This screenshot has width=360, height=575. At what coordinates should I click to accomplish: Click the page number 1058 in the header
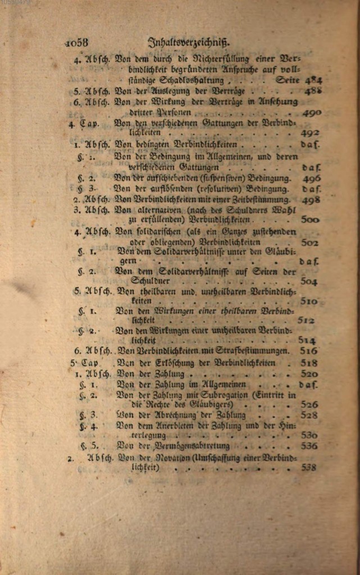pyautogui.click(x=77, y=42)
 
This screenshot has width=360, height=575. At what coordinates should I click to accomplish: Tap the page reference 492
pyautogui.click(x=310, y=133)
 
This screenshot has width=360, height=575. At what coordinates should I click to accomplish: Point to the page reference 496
pyautogui.click(x=312, y=179)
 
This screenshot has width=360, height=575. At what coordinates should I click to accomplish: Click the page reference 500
pyautogui.click(x=310, y=220)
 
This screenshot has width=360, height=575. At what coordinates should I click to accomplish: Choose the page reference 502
pyautogui.click(x=309, y=243)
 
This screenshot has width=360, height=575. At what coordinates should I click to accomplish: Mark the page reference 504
pyautogui.click(x=309, y=281)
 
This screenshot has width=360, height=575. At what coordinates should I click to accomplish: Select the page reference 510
pyautogui.click(x=309, y=302)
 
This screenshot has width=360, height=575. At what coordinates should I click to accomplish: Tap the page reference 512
pyautogui.click(x=306, y=321)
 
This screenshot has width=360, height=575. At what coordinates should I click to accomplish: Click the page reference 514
pyautogui.click(x=307, y=341)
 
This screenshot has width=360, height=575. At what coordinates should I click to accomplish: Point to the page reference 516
pyautogui.click(x=309, y=351)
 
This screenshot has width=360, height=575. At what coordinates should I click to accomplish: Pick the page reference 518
pyautogui.click(x=309, y=363)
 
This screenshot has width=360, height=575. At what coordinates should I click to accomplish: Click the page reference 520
pyautogui.click(x=309, y=374)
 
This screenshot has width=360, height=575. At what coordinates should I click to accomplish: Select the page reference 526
pyautogui.click(x=309, y=404)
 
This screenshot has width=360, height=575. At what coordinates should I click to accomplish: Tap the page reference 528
pyautogui.click(x=309, y=416)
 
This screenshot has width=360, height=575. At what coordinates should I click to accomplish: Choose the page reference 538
pyautogui.click(x=308, y=467)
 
